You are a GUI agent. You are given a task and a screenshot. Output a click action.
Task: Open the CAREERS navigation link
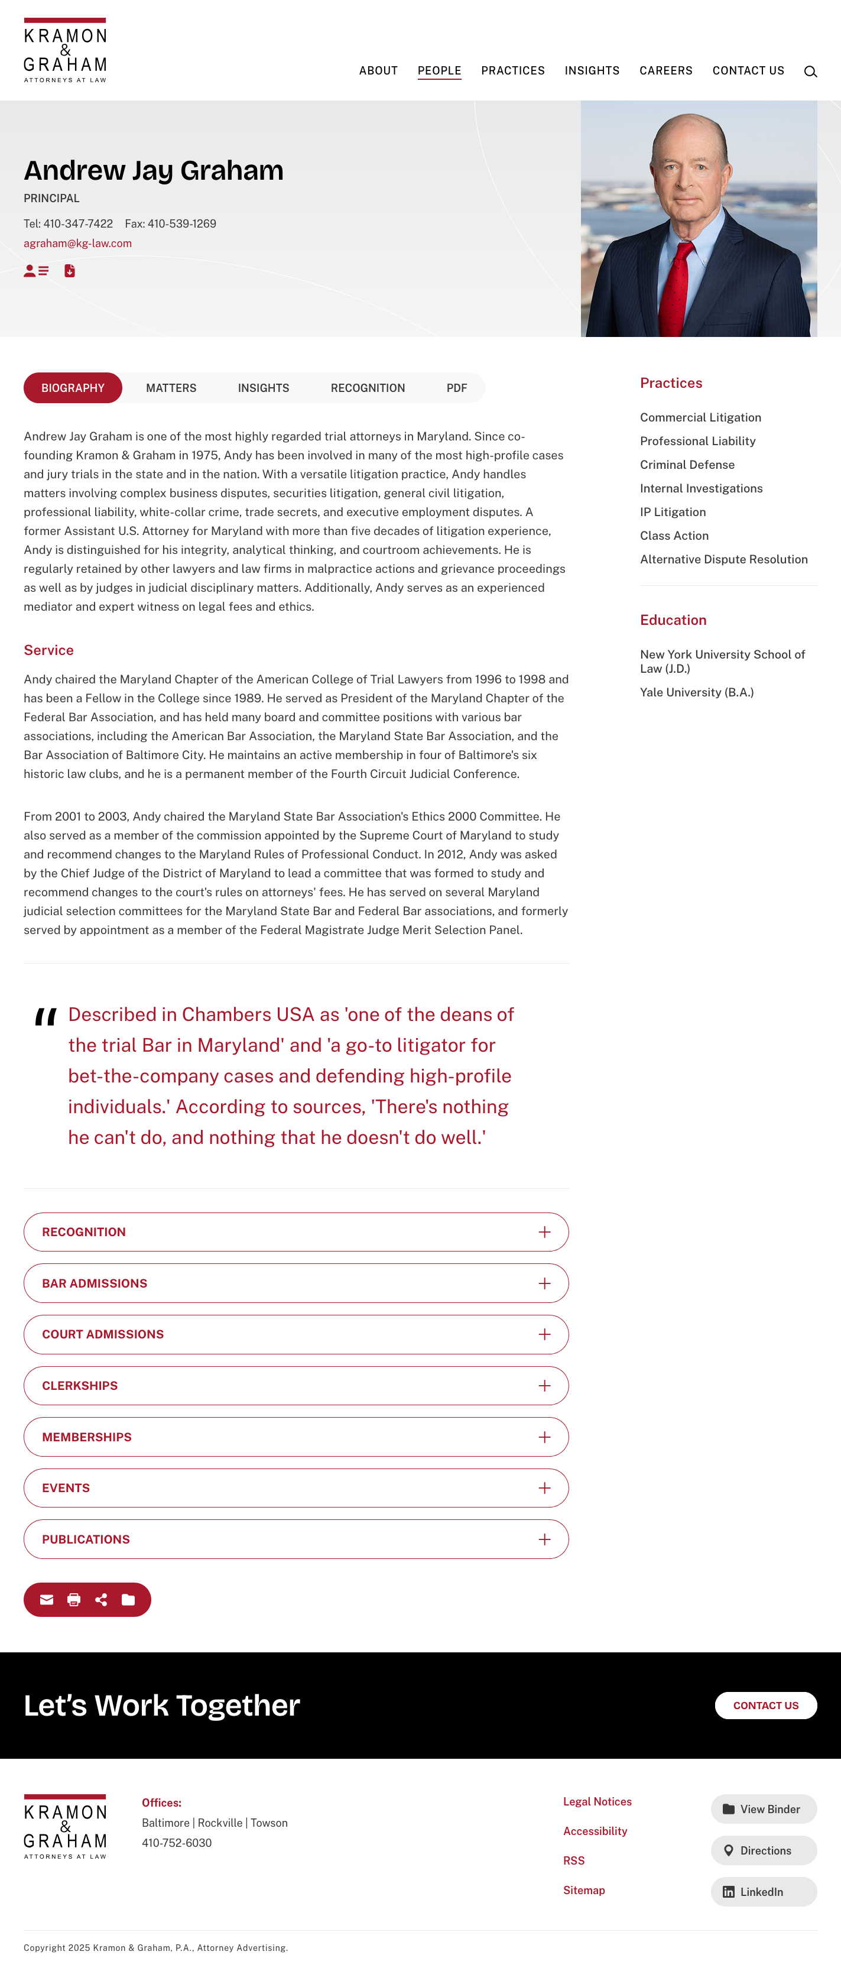(665, 70)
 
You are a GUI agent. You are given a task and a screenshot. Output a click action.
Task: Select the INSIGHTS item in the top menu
(592, 70)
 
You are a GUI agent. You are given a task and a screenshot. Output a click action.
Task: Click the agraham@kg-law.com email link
(77, 244)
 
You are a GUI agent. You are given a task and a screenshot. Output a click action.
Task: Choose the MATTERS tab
(171, 388)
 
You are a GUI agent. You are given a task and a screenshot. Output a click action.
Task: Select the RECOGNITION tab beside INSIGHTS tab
(368, 388)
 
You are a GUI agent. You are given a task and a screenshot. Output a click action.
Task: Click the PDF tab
(456, 388)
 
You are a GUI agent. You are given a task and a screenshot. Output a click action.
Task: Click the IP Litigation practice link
(673, 512)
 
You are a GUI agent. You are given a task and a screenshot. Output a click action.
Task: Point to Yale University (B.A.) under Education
(696, 692)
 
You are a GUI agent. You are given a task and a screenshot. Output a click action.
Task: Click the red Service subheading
(48, 650)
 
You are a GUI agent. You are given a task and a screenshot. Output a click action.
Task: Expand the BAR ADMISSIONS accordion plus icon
(544, 1283)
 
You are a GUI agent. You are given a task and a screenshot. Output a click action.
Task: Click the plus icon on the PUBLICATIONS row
(544, 1539)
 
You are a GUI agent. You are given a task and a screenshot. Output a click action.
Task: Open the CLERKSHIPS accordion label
(80, 1386)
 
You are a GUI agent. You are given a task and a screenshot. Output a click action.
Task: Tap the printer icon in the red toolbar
(73, 1600)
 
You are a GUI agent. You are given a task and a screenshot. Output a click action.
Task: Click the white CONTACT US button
(765, 1706)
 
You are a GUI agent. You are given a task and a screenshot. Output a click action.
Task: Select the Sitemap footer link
(584, 1890)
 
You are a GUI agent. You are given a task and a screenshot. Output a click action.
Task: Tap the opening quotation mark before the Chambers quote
(46, 1017)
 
